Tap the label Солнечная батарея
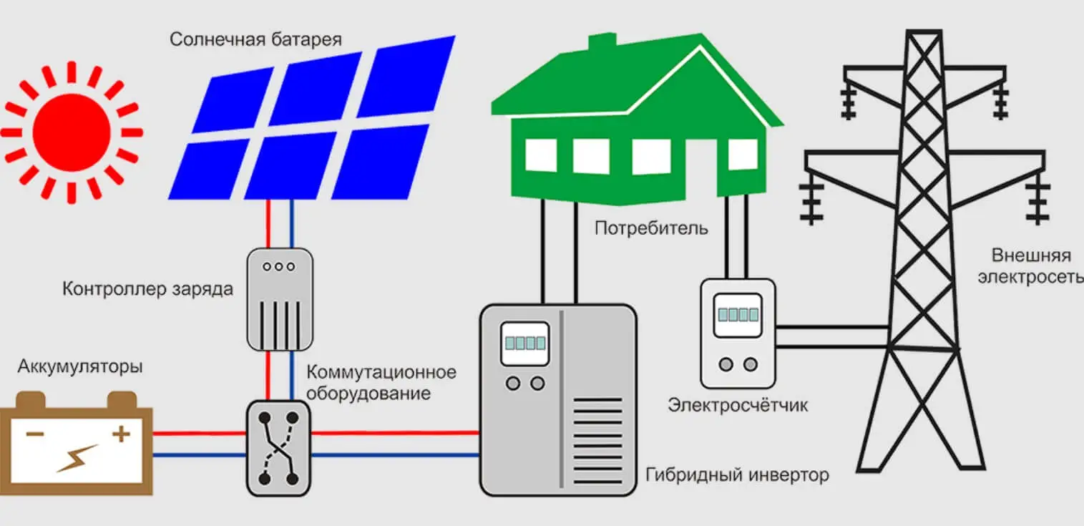click(255, 39)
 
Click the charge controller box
click(279, 298)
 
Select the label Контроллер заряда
click(148, 290)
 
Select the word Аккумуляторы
click(80, 367)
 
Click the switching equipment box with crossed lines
click(278, 448)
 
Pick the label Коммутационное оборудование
click(381, 383)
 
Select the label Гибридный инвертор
click(737, 474)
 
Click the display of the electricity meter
click(737, 314)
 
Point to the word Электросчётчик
click(738, 405)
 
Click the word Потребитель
click(651, 229)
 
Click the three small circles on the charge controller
click(278, 266)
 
